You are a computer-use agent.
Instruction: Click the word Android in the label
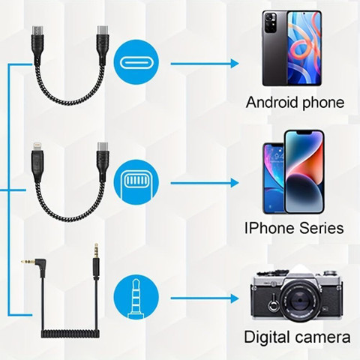(272, 102)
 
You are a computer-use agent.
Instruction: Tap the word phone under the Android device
(323, 103)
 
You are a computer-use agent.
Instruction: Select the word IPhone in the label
(269, 228)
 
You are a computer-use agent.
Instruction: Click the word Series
(322, 228)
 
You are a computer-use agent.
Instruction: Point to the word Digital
(268, 337)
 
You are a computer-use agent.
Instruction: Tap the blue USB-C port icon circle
(136, 62)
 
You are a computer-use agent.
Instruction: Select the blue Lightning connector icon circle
(136, 182)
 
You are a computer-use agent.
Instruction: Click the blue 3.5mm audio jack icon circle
(136, 297)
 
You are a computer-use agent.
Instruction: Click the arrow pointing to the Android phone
(205, 64)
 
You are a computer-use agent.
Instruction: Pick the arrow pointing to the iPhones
(205, 183)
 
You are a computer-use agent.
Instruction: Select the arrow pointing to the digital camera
(205, 298)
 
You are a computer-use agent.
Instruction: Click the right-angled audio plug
(35, 266)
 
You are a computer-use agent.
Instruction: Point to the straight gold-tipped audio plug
(96, 261)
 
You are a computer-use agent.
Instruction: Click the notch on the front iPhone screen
(304, 133)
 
